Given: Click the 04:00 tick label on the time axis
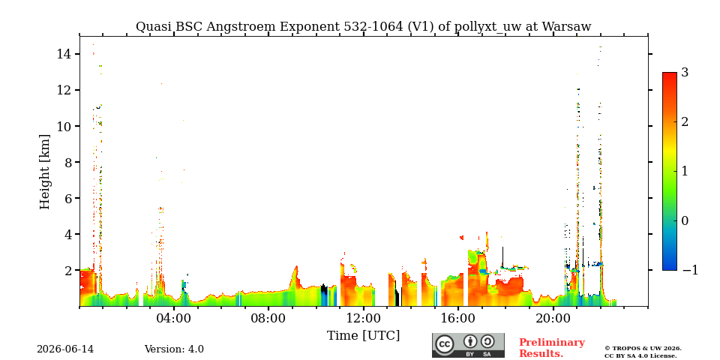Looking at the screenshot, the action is point(175,318).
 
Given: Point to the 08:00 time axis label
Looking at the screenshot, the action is point(269,318).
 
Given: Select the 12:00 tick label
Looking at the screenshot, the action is point(364,318).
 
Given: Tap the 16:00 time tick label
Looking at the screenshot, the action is point(458,318).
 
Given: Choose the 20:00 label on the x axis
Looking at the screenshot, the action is point(553,318).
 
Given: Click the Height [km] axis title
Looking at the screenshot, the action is point(44,172).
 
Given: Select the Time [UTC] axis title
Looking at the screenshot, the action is point(363,336).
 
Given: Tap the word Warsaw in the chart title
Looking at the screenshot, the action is point(566,27).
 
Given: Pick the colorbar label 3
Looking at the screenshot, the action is point(685,73).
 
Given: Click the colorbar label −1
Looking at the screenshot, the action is point(690,270).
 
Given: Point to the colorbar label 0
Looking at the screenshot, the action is point(685,220).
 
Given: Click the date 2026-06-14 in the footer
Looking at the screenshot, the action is point(65,349).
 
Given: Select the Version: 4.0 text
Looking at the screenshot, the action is point(174,349).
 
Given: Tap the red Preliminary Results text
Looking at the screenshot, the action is point(552,348).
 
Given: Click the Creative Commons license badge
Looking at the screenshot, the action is point(468,345).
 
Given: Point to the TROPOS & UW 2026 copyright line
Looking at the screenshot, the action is point(643,349).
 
